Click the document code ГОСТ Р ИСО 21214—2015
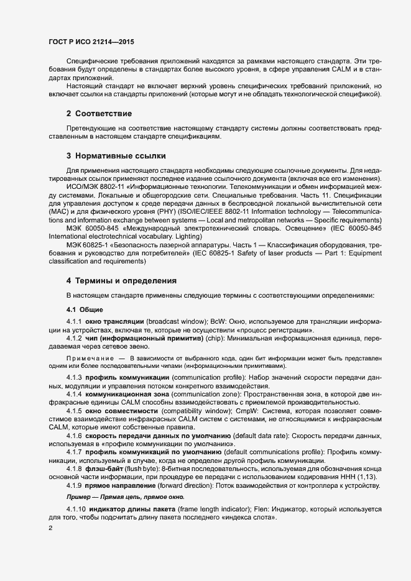[91, 42]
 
